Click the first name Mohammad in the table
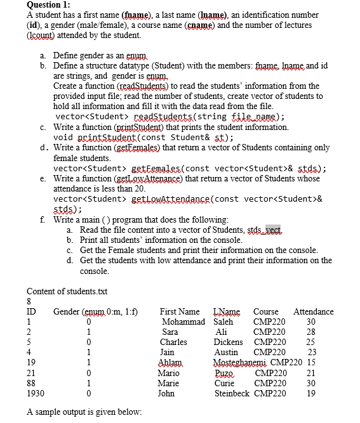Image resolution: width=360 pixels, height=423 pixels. tap(183, 322)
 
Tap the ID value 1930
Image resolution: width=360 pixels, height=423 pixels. tap(36, 393)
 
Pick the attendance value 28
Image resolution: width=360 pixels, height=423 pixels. tap(310, 332)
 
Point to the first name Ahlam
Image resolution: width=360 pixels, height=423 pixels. tap(169, 362)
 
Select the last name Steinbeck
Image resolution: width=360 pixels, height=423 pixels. tap(232, 393)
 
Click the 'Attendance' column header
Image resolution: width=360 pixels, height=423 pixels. tap(313, 311)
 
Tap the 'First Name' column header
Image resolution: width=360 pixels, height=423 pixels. tap(180, 311)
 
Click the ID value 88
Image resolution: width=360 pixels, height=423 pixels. tap(31, 382)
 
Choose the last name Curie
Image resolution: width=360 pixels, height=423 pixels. tap(224, 382)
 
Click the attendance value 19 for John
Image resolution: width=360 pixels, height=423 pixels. tap(310, 393)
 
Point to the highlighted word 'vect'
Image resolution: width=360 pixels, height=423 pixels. tap(273, 230)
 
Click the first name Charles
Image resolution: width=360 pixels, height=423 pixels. tap(173, 342)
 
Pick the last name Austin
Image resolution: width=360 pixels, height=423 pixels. tap(226, 352)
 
